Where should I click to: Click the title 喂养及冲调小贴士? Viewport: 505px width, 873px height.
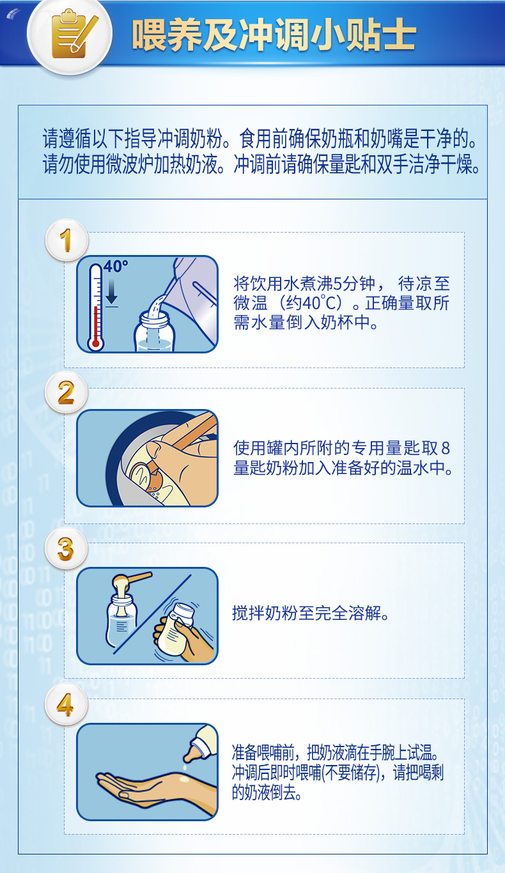coord(274,35)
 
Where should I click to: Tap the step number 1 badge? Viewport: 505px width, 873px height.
coord(66,240)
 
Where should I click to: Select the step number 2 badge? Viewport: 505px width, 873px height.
coord(66,392)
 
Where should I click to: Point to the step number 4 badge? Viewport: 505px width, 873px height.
coord(66,704)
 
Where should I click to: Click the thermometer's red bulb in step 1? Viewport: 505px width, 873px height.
coord(95,344)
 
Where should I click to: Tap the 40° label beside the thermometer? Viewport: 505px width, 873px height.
coord(116,267)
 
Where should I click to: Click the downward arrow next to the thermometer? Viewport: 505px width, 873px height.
coord(111,291)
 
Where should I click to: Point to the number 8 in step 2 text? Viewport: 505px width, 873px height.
coord(446,449)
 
